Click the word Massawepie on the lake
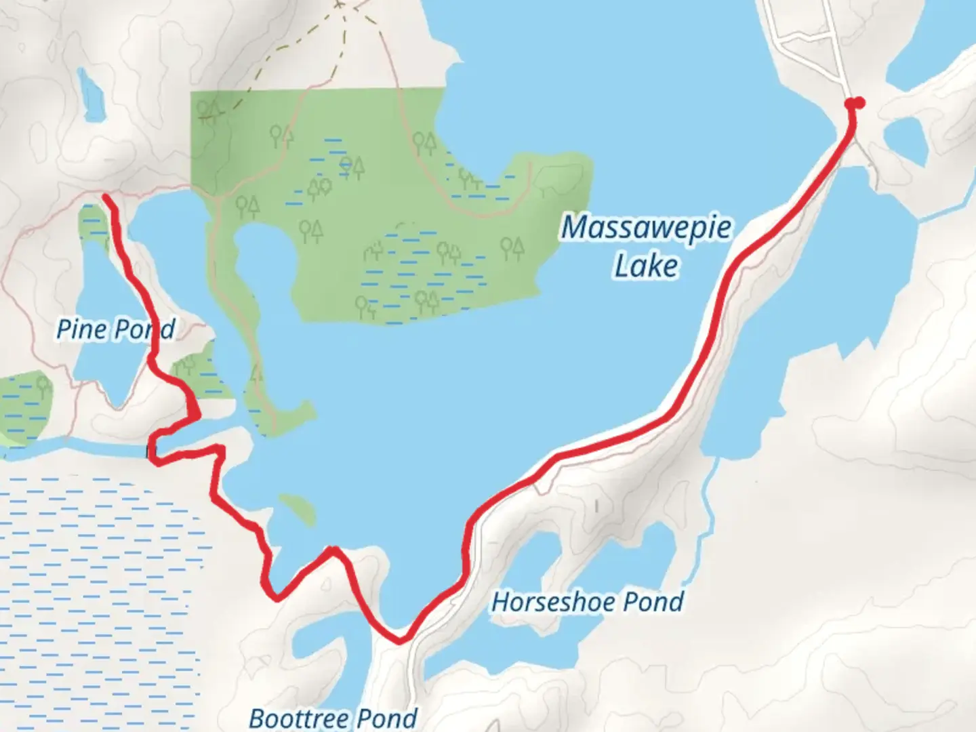tap(646, 228)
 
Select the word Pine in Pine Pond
tap(81, 329)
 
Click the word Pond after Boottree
tap(386, 718)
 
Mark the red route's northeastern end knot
tap(855, 103)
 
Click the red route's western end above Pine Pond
tap(106, 197)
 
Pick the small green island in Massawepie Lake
tap(298, 508)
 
